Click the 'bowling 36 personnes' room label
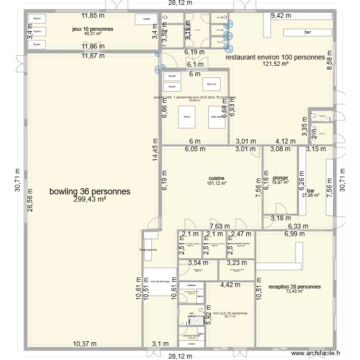click(90, 191)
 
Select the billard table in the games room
click(186, 117)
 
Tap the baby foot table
click(212, 85)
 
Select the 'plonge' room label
click(280, 177)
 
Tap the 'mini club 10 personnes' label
click(230, 313)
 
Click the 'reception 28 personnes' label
click(295, 287)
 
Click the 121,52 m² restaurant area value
click(275, 63)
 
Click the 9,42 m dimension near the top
click(281, 15)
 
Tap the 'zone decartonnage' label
click(160, 281)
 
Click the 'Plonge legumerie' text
click(148, 250)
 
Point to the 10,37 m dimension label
click(84, 344)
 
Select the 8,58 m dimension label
click(329, 61)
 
